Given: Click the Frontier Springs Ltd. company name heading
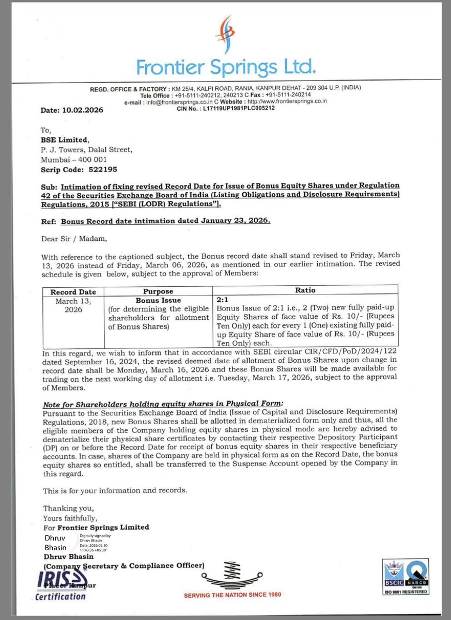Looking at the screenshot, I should point(226,66).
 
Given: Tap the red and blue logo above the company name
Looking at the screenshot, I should point(226,34).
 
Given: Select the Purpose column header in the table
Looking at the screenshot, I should point(158,291).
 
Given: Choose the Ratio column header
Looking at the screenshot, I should point(305,290).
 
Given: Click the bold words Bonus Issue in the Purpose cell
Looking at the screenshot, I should point(158,300).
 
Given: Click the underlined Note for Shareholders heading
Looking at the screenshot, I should point(164,403).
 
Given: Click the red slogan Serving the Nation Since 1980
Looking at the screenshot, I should point(232,595).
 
